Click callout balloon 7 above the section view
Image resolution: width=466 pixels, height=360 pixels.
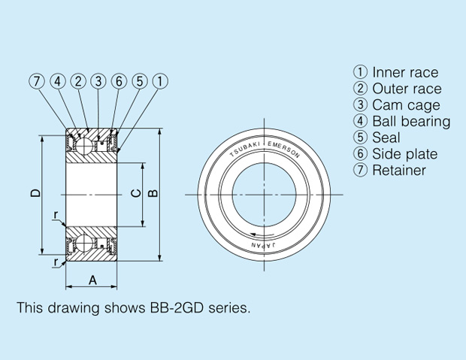37,81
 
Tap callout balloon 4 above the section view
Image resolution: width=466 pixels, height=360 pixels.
58,81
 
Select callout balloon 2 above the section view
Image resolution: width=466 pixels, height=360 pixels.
78,81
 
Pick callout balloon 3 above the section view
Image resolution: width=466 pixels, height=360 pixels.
98,81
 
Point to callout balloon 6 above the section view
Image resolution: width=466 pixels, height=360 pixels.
119,81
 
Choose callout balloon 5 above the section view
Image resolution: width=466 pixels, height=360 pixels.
140,81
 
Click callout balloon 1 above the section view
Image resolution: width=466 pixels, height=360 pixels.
160,81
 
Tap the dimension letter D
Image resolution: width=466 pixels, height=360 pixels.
35,193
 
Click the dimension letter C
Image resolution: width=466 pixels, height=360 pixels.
136,193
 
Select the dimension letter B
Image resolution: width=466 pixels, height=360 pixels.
153,193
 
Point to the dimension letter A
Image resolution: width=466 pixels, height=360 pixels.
92,280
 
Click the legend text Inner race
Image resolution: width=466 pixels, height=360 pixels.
405,73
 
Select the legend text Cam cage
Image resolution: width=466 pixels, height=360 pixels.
406,105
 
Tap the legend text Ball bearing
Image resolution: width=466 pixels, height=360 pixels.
411,122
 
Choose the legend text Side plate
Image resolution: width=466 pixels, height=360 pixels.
405,154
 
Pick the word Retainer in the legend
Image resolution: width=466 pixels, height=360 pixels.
399,171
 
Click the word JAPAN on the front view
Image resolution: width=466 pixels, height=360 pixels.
264,245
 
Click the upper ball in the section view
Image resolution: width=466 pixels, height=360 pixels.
84,146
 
